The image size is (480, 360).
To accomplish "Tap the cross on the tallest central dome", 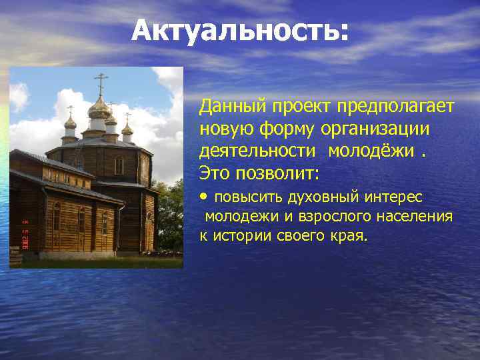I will (x=101, y=83).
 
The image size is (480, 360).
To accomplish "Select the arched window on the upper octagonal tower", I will (x=119, y=165).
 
